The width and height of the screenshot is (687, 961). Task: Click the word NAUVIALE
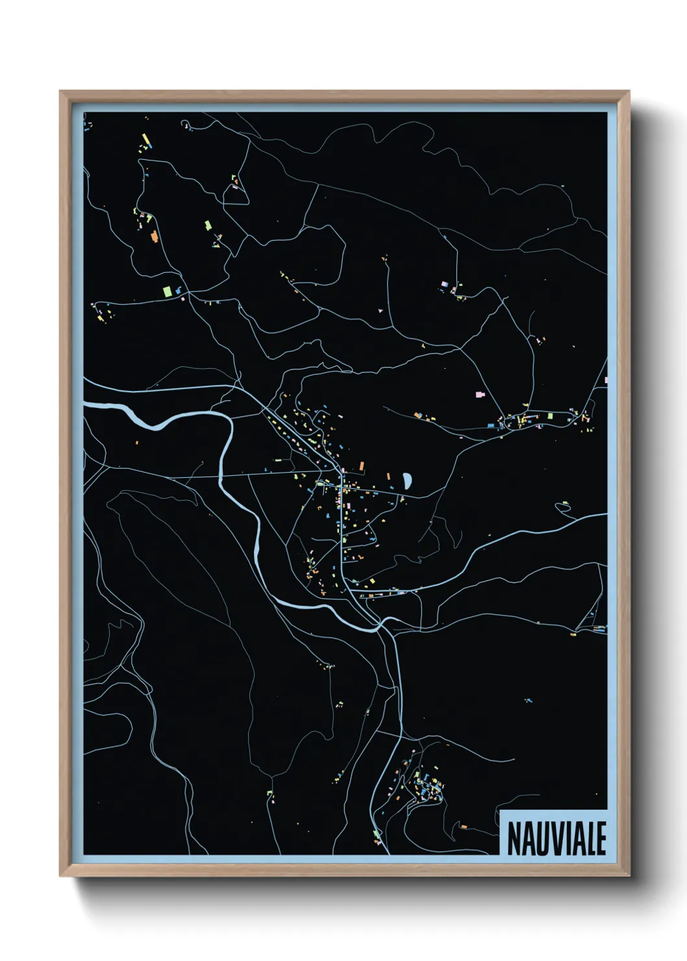point(556,838)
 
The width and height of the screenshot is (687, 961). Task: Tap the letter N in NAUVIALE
point(514,839)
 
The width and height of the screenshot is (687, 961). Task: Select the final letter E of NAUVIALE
point(601,839)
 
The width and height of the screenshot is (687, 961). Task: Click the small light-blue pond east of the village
point(406,480)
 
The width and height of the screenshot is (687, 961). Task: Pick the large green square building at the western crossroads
point(166,290)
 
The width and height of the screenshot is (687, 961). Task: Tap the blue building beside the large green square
point(177,290)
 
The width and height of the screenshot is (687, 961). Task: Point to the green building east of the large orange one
point(208,225)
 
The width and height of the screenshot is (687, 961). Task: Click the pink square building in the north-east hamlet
point(444,284)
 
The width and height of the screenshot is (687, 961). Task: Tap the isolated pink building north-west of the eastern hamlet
point(480,394)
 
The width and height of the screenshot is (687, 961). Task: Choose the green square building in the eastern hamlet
point(550,416)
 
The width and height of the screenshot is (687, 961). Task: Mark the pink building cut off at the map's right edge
point(605,380)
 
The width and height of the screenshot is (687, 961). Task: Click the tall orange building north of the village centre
point(362,466)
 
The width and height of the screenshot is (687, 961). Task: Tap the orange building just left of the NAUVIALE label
point(463,827)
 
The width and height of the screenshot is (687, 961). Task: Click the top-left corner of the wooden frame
point(60,92)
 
